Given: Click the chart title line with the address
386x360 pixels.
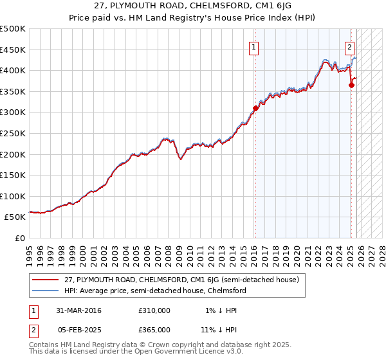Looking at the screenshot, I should pyautogui.click(x=192, y=6).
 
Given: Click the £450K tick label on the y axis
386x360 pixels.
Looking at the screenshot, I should pyautogui.click(x=13, y=50).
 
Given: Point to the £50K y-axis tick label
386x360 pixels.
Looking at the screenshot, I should pyautogui.click(x=15, y=217).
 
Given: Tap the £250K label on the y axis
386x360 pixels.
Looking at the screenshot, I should pyautogui.click(x=13, y=133).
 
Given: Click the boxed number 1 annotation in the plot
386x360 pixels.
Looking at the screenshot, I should pyautogui.click(x=255, y=47).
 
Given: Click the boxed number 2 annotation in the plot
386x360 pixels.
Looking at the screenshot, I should pyautogui.click(x=349, y=46).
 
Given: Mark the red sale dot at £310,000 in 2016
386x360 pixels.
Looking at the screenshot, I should pyautogui.click(x=255, y=108).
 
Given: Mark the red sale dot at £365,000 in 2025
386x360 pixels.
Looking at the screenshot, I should pyautogui.click(x=351, y=85).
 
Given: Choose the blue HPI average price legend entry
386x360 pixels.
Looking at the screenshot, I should pyautogui.click(x=154, y=291).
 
